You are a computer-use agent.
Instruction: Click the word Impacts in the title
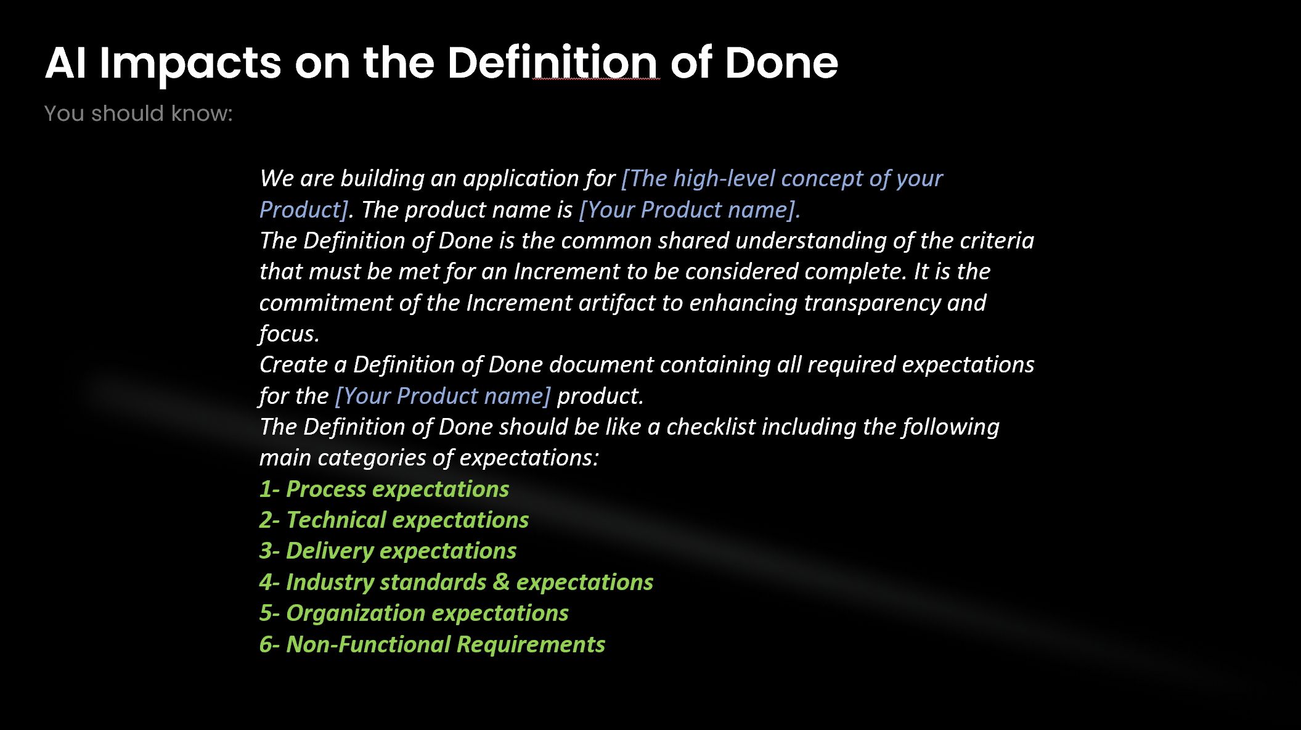pyautogui.click(x=190, y=64)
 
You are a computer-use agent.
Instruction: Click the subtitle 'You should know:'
pyautogui.click(x=139, y=114)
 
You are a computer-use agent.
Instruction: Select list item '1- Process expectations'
pyautogui.click(x=384, y=489)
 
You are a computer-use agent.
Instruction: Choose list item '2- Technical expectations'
pyautogui.click(x=394, y=520)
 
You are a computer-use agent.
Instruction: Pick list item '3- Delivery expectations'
pyautogui.click(x=388, y=551)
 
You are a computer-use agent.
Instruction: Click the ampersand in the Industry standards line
pyautogui.click(x=501, y=582)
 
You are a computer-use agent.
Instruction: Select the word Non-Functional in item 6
pyautogui.click(x=369, y=644)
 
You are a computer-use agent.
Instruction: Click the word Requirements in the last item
pyautogui.click(x=531, y=644)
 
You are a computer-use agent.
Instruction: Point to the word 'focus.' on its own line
pyautogui.click(x=289, y=334)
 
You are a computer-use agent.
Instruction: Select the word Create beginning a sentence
pyautogui.click(x=293, y=364)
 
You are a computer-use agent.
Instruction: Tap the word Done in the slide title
pyautogui.click(x=781, y=64)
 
